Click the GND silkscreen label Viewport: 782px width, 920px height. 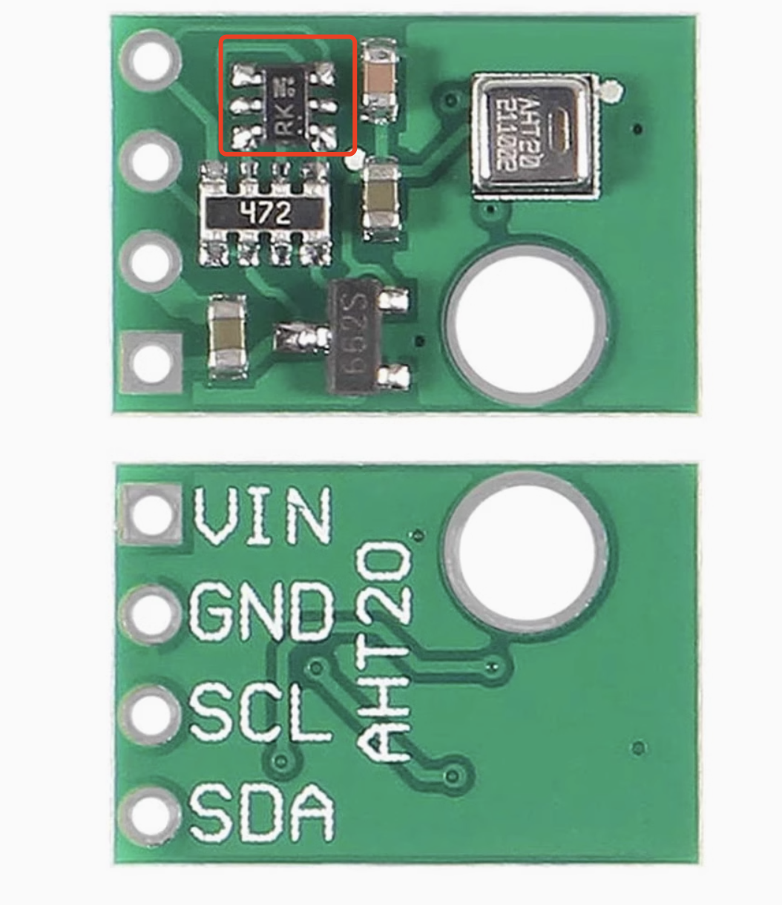click(x=261, y=611)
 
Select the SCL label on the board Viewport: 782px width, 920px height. click(x=260, y=712)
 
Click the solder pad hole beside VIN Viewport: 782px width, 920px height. click(x=151, y=514)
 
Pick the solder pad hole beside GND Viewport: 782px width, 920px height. click(x=150, y=614)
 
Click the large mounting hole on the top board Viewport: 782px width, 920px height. click(x=526, y=321)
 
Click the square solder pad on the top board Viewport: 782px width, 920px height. click(x=151, y=362)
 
